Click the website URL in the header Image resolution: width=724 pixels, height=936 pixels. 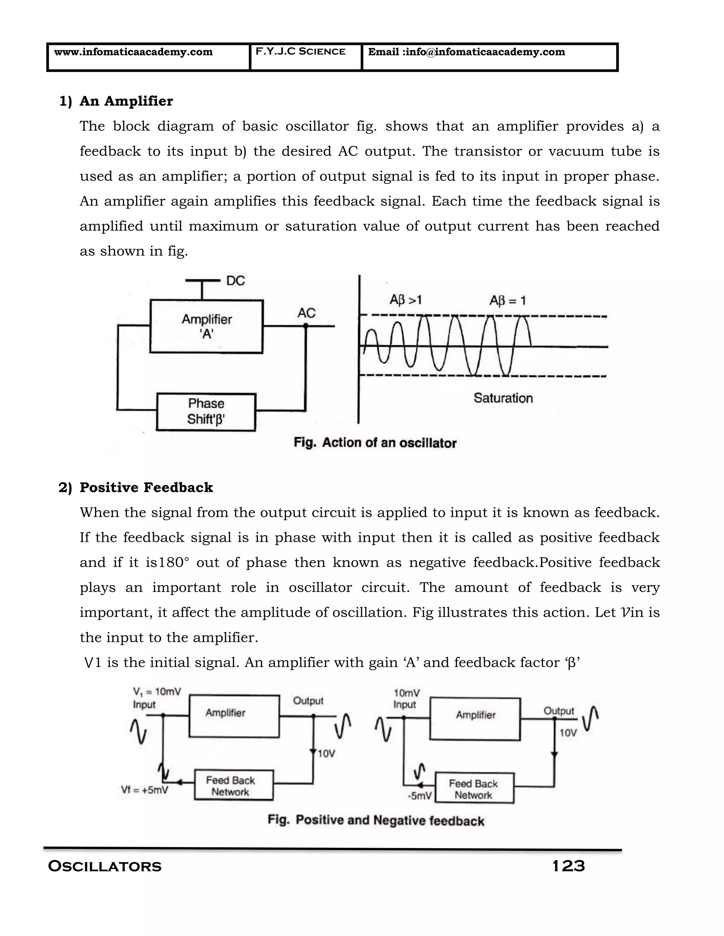tap(133, 52)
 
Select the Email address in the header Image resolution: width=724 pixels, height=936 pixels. tap(466, 52)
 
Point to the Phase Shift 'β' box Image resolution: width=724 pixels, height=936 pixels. tap(206, 411)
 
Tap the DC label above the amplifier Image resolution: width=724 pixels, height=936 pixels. tap(235, 281)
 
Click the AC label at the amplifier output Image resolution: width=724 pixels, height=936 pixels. tap(306, 313)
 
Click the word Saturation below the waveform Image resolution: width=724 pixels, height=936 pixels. tap(503, 398)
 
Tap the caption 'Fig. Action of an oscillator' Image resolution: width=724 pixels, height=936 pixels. tap(375, 443)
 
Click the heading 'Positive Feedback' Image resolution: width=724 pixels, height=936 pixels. tap(146, 488)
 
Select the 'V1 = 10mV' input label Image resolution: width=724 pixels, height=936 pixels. tap(157, 692)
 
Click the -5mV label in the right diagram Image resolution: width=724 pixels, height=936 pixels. tap(420, 796)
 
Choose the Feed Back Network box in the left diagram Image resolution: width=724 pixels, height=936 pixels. tap(233, 786)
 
